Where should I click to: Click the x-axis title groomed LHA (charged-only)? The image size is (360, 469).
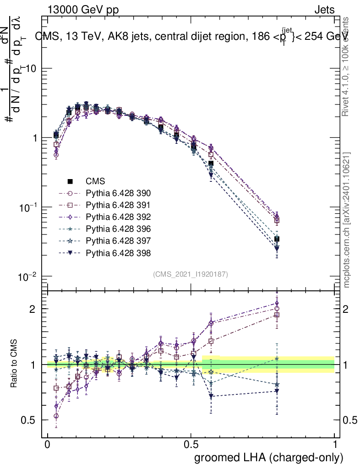pyautogui.click(x=269, y=458)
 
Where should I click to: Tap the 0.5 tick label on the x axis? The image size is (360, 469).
pyautogui.click(x=191, y=445)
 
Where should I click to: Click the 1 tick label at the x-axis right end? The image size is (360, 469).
pyautogui.click(x=335, y=445)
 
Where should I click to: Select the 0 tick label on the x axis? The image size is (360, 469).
pyautogui.click(x=47, y=445)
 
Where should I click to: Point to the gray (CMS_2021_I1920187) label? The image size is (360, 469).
pyautogui.click(x=191, y=274)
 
